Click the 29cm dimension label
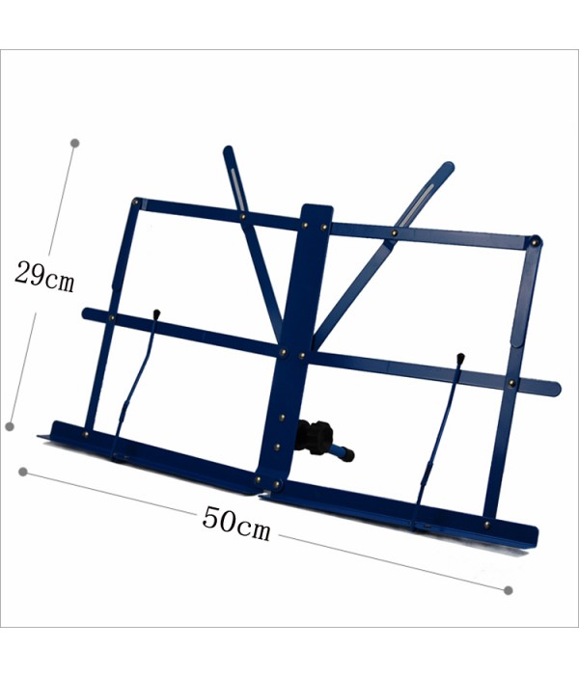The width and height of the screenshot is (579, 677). [x=45, y=277]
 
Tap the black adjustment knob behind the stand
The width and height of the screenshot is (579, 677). [x=316, y=437]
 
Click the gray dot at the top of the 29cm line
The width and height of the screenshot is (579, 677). [x=74, y=143]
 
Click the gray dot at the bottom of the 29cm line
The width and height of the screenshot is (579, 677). [x=10, y=426]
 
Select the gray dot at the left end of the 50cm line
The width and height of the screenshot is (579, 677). [x=23, y=472]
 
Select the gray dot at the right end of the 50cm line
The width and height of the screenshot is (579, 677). [x=509, y=590]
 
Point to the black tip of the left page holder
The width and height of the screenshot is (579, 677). [x=156, y=313]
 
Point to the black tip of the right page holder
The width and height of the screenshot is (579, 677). [x=460, y=358]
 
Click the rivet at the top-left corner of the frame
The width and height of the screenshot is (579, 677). [x=137, y=202]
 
